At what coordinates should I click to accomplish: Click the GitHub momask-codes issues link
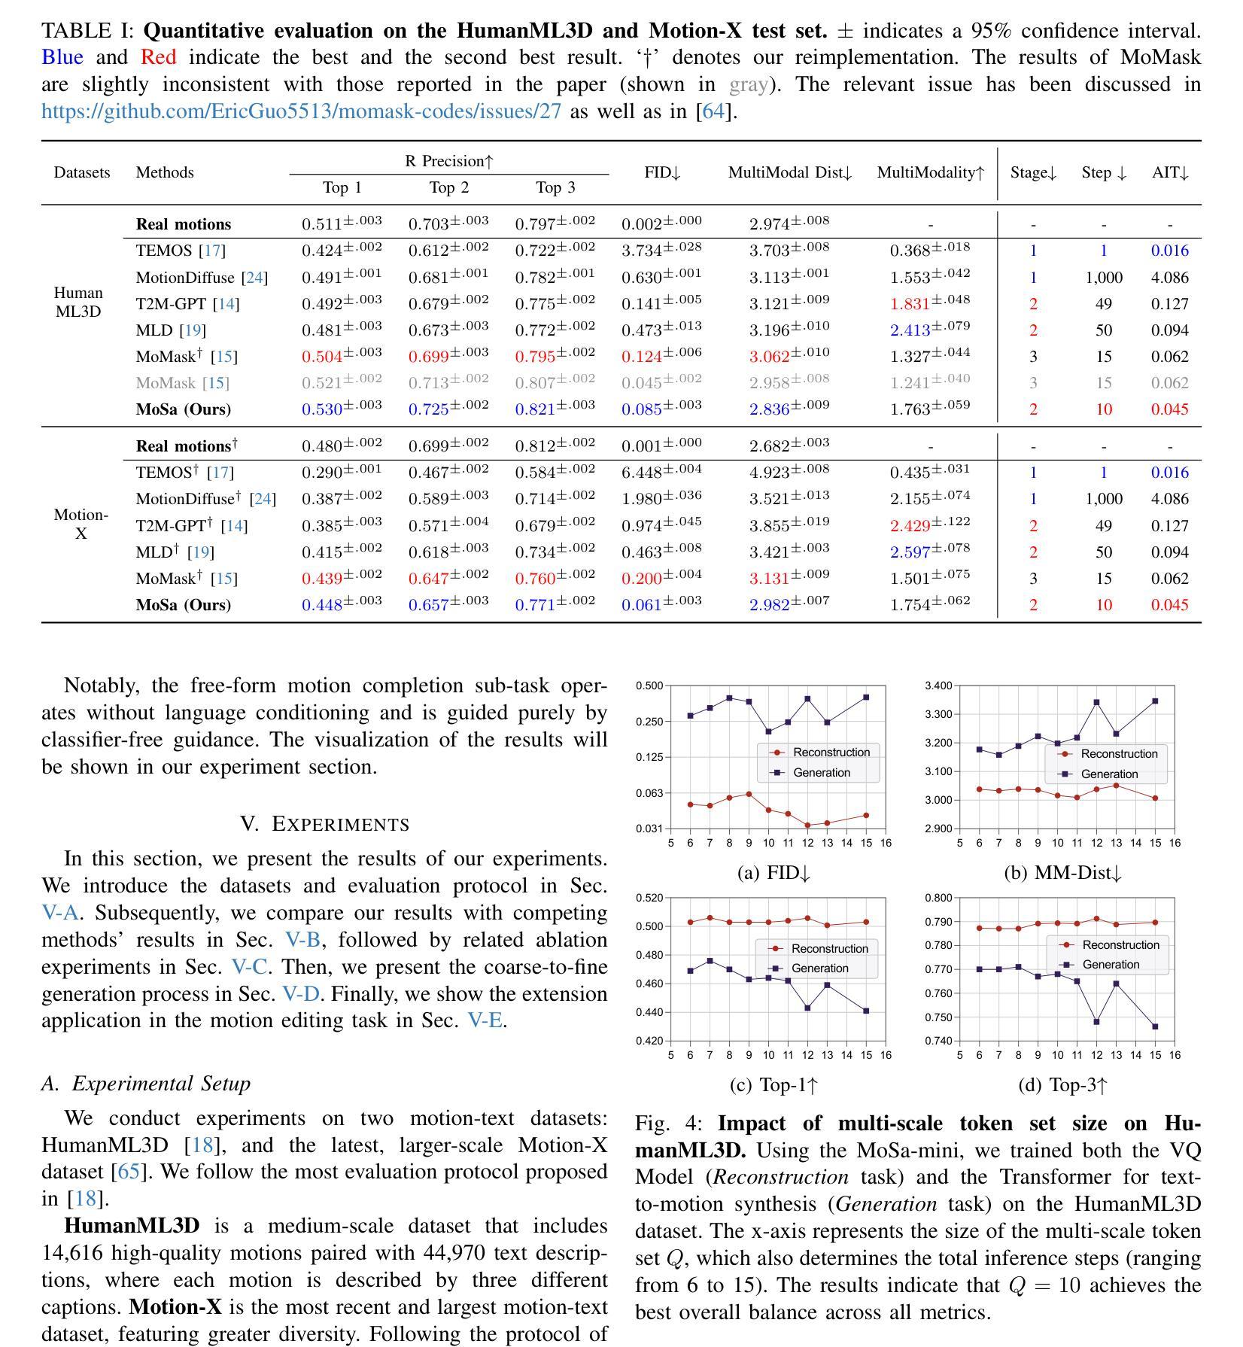point(301,111)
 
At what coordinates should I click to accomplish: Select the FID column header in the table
point(662,172)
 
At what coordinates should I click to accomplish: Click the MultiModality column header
point(930,172)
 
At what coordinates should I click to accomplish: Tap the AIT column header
point(1170,172)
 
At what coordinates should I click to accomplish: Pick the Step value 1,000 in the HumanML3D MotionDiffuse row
point(1103,278)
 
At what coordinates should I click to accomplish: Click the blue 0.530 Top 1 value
point(322,409)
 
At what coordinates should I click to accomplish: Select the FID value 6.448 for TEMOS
point(642,473)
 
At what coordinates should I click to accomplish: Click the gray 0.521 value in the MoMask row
point(322,383)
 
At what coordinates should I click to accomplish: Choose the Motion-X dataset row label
point(81,524)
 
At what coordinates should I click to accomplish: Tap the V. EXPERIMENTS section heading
point(324,824)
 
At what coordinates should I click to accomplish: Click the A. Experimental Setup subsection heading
point(146,1084)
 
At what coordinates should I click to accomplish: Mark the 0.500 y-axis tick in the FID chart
point(649,686)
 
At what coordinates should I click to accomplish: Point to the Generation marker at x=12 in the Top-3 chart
point(1096,1022)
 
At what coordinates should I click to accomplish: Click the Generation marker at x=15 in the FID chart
point(866,698)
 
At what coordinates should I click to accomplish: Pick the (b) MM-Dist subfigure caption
point(1062,873)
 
